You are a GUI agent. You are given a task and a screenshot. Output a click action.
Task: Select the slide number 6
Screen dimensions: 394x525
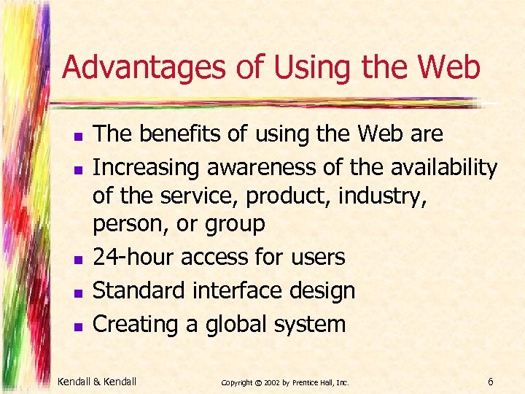pos(491,382)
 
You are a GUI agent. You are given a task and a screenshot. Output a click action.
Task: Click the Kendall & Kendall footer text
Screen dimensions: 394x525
pos(96,382)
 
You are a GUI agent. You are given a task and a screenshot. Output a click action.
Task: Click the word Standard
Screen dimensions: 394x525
pos(139,290)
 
